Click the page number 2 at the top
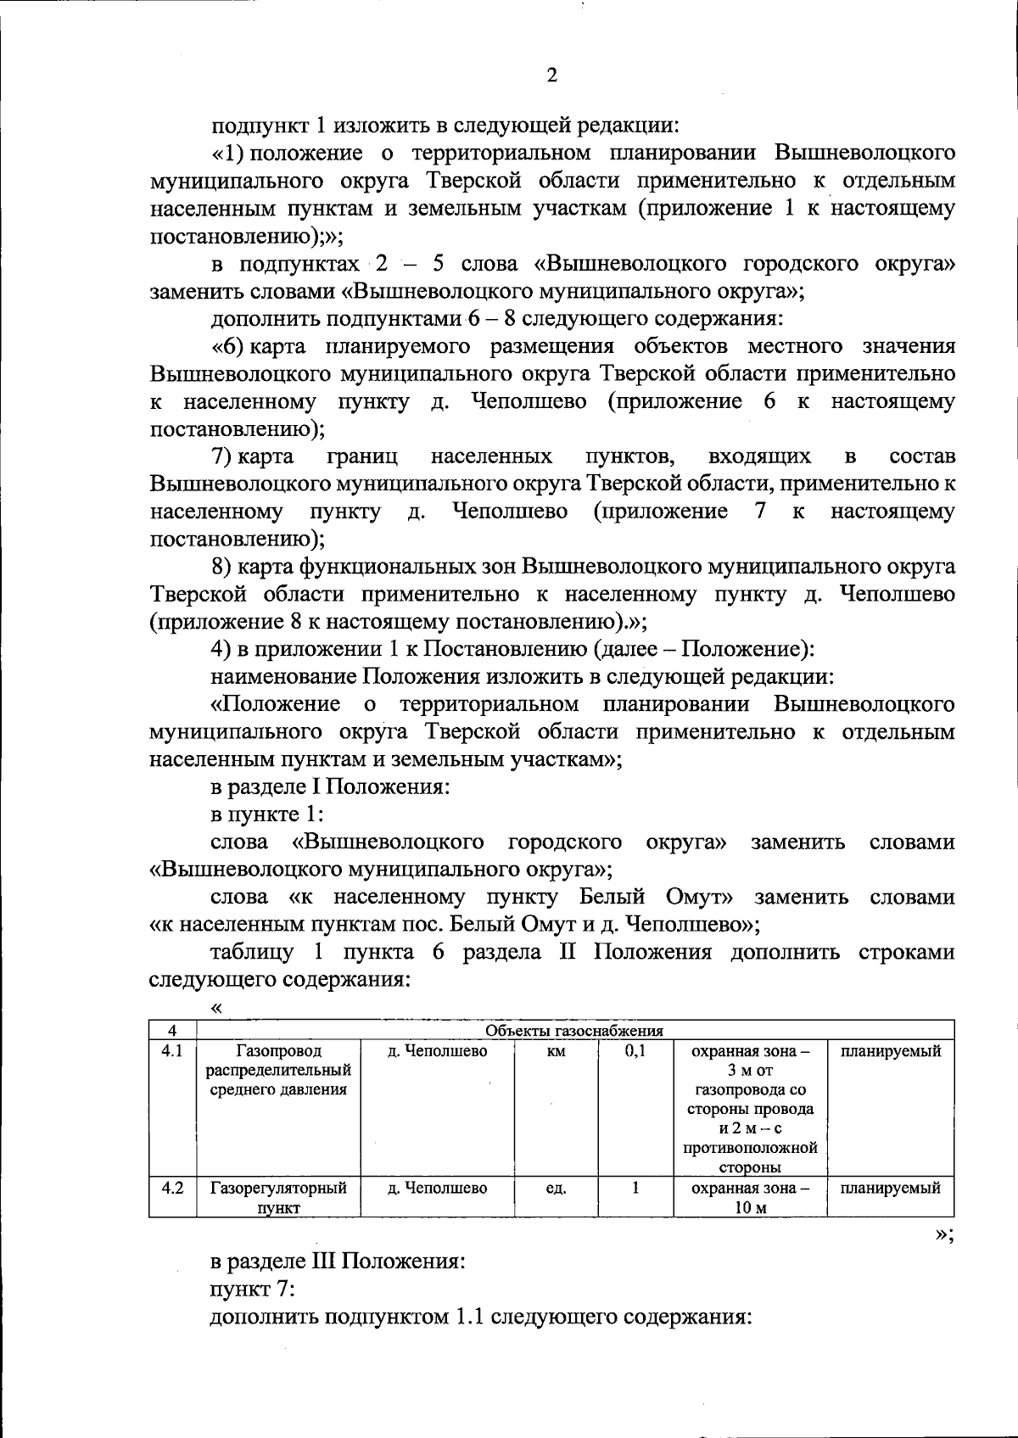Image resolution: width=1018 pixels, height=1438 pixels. click(551, 76)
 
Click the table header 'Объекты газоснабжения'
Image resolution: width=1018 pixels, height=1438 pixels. click(573, 1031)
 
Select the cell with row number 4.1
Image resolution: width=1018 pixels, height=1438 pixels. click(172, 1051)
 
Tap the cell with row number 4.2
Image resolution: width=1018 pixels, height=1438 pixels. click(172, 1188)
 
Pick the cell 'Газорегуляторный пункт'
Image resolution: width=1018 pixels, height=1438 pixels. click(279, 1197)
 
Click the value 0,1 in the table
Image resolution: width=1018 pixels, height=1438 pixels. click(635, 1051)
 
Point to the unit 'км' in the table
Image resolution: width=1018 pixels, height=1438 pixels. click(556, 1051)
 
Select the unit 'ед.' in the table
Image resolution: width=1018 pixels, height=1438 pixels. click(556, 1188)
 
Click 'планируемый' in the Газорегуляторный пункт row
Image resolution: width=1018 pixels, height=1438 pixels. click(890, 1188)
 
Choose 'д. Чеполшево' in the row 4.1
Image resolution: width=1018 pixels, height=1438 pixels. click(438, 1051)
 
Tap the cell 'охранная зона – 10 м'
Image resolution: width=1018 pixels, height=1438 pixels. click(750, 1197)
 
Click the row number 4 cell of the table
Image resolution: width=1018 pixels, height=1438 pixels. click(172, 1031)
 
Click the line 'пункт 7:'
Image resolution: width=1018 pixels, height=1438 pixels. click(252, 1289)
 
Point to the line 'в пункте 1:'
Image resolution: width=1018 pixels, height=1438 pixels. click(266, 814)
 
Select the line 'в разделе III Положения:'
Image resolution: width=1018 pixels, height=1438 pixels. click(338, 1261)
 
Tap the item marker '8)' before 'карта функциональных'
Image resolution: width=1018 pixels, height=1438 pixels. click(222, 567)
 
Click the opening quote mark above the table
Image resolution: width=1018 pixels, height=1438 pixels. click(216, 1007)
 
